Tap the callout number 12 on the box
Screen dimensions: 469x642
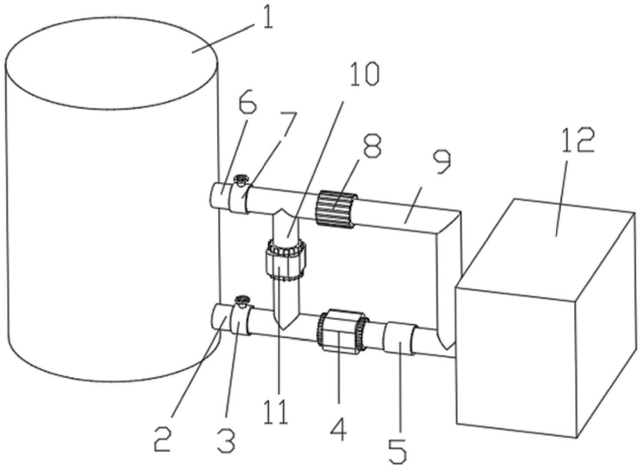pyautogui.click(x=577, y=140)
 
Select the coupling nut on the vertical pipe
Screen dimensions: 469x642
pyautogui.click(x=285, y=260)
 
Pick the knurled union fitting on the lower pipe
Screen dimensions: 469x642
pyautogui.click(x=342, y=330)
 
